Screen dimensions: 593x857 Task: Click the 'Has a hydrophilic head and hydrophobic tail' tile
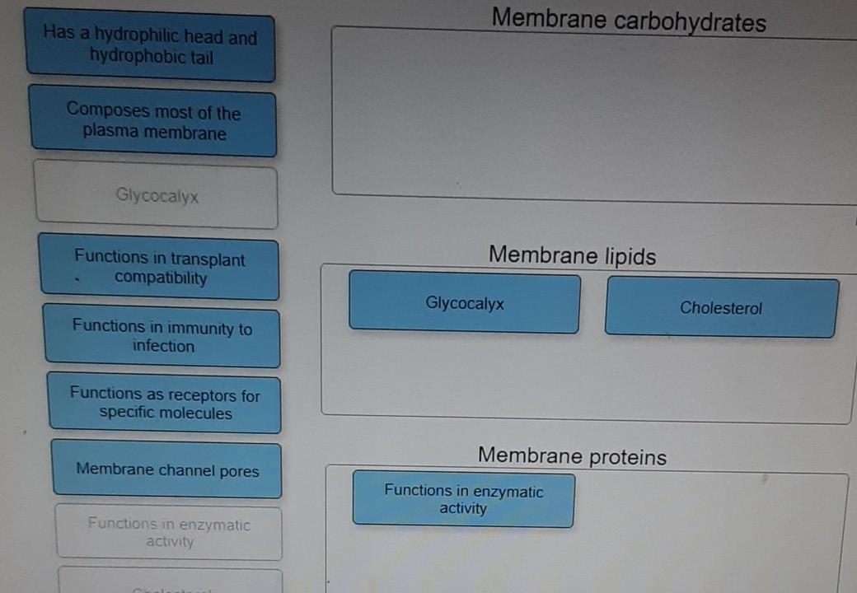click(x=150, y=46)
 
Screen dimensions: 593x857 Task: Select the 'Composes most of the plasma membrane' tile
click(x=153, y=122)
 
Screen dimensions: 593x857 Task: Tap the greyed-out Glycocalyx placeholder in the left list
click(x=157, y=196)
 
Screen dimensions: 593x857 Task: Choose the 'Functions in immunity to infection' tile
click(x=162, y=337)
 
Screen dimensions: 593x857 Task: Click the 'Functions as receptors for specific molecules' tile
click(x=165, y=404)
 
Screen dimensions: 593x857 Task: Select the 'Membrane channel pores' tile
click(x=167, y=470)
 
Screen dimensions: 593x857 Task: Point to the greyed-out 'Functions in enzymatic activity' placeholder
click(x=169, y=532)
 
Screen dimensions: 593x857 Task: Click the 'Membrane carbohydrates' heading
click(x=629, y=21)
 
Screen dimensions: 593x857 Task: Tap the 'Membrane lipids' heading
click(x=572, y=255)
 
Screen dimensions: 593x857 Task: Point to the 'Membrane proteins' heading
click(x=572, y=455)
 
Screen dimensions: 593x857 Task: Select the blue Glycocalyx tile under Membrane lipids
click(x=465, y=303)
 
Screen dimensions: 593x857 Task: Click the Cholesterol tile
click(x=721, y=308)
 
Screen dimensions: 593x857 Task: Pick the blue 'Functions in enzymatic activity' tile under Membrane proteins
click(x=463, y=499)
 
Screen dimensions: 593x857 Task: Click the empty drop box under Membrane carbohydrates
click(x=593, y=115)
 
